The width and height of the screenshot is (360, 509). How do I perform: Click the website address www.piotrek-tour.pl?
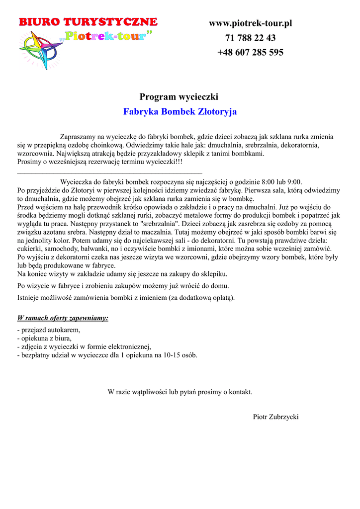[x=250, y=23]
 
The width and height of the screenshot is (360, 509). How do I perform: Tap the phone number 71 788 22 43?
[x=250, y=38]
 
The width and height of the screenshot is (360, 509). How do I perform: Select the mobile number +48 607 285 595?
[x=250, y=52]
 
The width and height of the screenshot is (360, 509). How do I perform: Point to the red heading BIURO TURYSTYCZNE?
[x=88, y=22]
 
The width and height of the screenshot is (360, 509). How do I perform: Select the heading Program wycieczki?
[x=179, y=96]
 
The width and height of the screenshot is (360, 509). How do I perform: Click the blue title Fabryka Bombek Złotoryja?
[x=180, y=111]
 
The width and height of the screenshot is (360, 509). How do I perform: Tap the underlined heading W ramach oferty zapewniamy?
[x=63, y=318]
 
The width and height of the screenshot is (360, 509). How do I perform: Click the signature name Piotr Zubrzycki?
[x=275, y=417]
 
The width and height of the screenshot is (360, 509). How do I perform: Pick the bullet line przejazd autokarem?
[x=49, y=330]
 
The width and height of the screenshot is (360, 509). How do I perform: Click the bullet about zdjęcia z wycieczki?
[x=84, y=346]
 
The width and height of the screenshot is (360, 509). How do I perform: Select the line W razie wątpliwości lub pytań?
[x=180, y=392]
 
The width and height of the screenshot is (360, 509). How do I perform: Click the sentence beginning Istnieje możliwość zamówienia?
[x=126, y=298]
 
